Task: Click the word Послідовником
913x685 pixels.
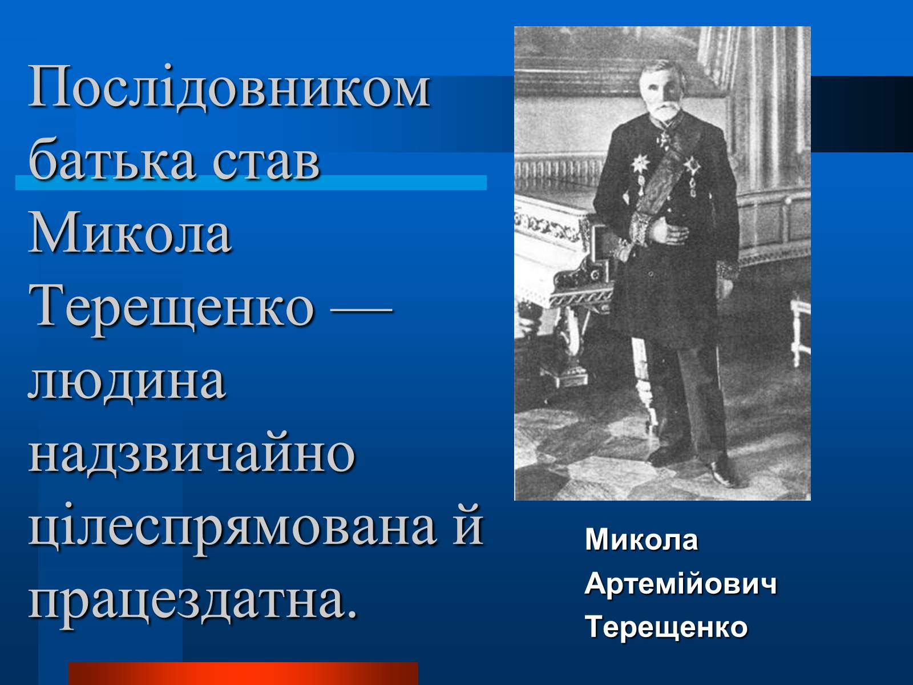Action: point(229,88)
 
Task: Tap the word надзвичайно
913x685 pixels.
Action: point(192,452)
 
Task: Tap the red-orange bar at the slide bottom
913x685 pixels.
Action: point(243,674)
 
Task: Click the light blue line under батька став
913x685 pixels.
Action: point(251,183)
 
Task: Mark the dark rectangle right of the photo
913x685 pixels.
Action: point(862,114)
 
